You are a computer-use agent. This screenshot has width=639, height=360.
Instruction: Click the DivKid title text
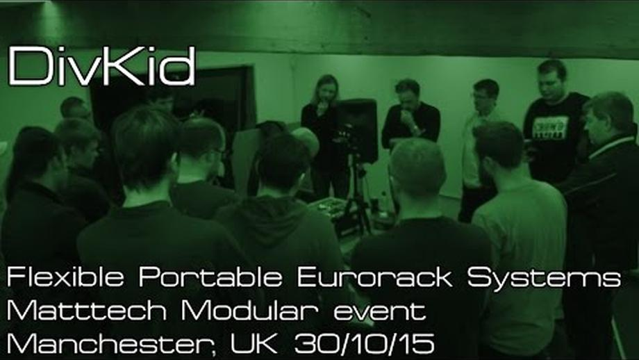pyautogui.click(x=101, y=65)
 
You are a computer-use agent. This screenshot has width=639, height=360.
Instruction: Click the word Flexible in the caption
pyautogui.click(x=65, y=277)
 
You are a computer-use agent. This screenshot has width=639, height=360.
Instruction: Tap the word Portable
pyautogui.click(x=210, y=277)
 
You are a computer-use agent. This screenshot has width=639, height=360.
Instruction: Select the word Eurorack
pyautogui.click(x=374, y=277)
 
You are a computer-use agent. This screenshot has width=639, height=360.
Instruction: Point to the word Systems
pyautogui.click(x=544, y=278)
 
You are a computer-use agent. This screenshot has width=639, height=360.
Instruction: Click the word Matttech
pyautogui.click(x=87, y=311)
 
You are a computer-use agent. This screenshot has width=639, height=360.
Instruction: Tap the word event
pyautogui.click(x=380, y=312)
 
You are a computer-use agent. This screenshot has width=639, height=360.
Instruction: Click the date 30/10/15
pyautogui.click(x=364, y=344)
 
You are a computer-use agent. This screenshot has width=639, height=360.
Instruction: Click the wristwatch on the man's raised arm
pyautogui.click(x=415, y=129)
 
